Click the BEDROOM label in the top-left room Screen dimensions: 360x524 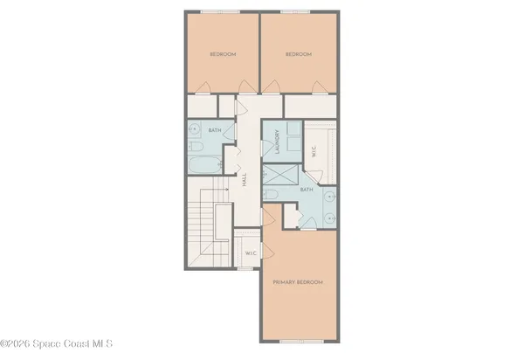click(223, 54)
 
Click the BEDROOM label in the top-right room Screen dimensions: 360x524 click(299, 54)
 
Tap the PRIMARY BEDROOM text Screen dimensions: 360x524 click(298, 282)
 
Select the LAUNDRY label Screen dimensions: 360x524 click(277, 142)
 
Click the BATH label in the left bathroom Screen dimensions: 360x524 click(214, 131)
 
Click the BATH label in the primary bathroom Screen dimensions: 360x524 click(307, 189)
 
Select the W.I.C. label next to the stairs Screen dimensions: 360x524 click(250, 254)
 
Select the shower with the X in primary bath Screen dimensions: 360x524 click(278, 195)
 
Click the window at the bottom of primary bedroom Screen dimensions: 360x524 click(298, 340)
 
